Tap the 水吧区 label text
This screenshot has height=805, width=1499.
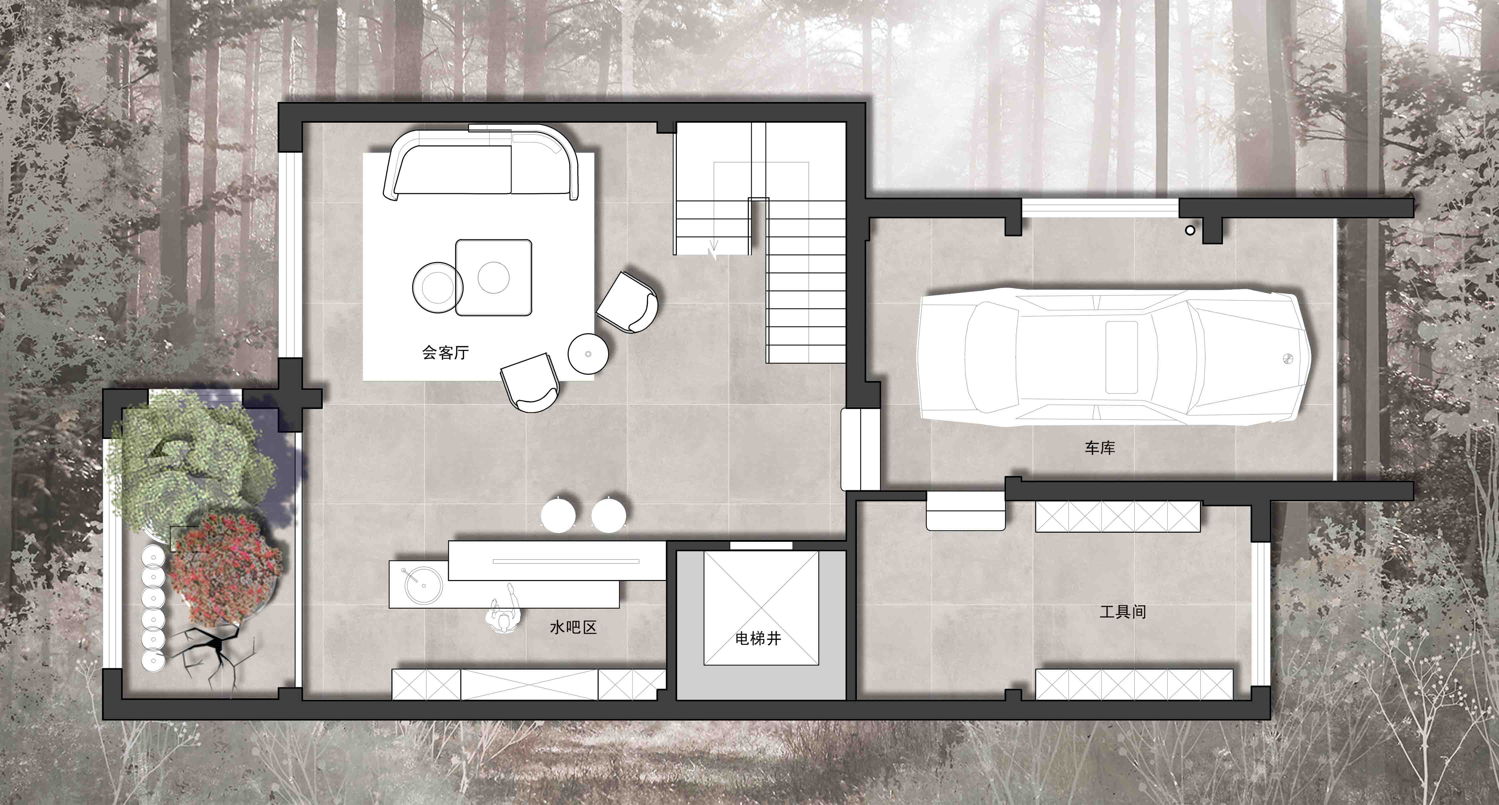coord(573,627)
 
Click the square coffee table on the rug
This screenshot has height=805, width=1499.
coord(493,277)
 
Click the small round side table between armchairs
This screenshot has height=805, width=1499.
coord(588,353)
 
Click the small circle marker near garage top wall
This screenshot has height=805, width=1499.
coord(1190,230)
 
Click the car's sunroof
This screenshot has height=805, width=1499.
coord(1121,356)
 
